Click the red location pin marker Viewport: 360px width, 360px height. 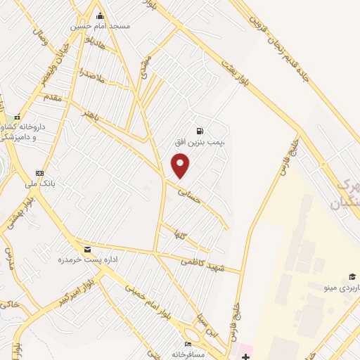pos(181,166)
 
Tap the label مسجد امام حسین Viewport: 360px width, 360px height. pos(99,26)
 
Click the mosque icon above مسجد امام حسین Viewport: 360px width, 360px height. pos(100,15)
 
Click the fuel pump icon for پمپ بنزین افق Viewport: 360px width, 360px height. pos(201,131)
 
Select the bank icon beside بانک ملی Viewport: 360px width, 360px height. pos(39,173)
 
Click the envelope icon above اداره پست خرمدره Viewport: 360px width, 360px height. pos(87,250)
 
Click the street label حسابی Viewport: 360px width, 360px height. pos(189,193)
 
